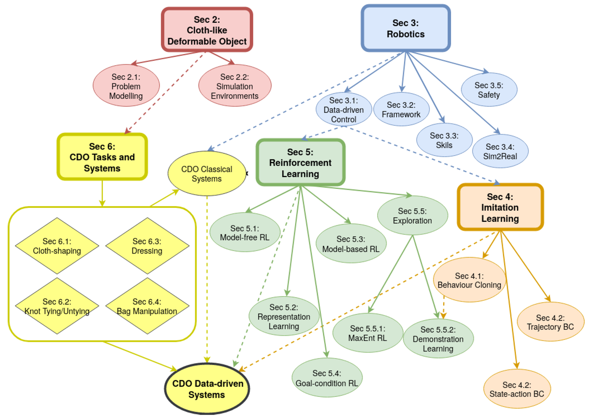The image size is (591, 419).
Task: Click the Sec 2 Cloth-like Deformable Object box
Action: point(207,29)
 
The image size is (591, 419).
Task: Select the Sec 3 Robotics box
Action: point(405,28)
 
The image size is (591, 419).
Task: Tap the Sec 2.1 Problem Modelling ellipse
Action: point(126,86)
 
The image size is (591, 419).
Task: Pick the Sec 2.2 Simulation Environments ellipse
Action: point(235,86)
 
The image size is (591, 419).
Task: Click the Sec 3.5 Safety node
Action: point(488,90)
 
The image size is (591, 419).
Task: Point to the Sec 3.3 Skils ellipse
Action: point(444,140)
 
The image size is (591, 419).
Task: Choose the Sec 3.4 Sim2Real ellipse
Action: point(500,151)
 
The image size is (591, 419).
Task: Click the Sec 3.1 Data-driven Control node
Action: point(344,110)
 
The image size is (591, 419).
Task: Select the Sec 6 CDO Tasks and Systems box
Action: point(102,157)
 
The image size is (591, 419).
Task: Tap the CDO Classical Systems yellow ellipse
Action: point(206,174)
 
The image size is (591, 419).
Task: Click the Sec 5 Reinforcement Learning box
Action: point(300,163)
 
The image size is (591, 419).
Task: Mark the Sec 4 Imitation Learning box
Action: point(500,207)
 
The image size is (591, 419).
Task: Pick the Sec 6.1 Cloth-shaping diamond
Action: point(57,246)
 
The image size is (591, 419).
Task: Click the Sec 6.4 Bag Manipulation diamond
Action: point(147,306)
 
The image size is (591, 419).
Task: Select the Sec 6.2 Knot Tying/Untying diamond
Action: point(57,306)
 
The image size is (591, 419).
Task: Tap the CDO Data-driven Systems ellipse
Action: point(207,389)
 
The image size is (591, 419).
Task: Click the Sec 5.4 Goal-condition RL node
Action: point(327,378)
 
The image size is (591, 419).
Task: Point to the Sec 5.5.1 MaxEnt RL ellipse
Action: point(368,333)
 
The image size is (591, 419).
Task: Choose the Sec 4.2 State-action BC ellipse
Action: point(517,389)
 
